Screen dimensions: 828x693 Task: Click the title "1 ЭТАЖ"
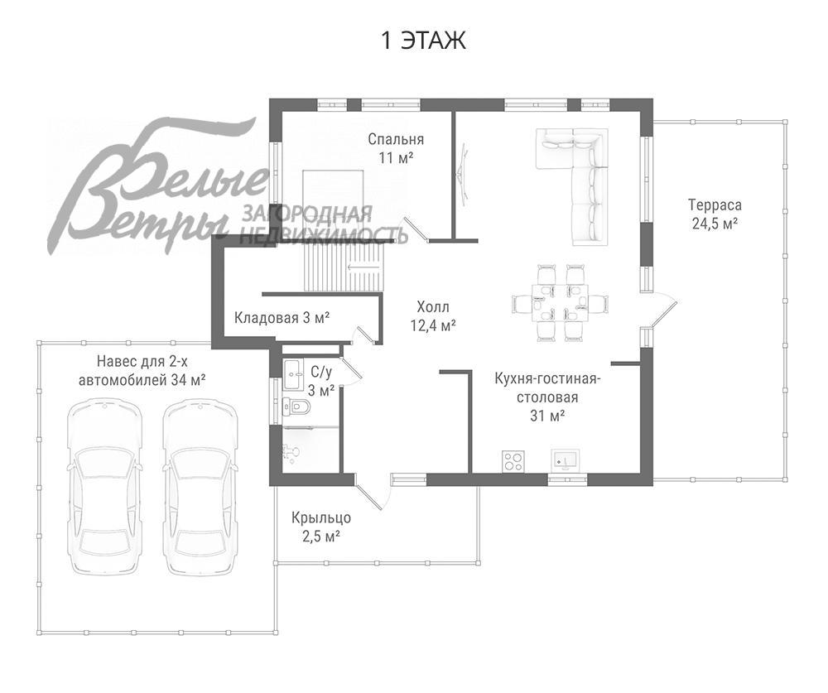423,41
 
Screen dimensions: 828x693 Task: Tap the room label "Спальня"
396,139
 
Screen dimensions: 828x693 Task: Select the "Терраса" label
715,205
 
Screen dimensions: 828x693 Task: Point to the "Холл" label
433,307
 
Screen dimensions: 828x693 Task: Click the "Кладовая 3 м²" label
282,318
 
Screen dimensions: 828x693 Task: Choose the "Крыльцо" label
321,518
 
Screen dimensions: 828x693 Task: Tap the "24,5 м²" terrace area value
715,224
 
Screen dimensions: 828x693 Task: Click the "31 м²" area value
547,416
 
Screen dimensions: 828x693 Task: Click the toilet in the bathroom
296,407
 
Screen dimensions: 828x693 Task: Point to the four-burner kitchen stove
513,460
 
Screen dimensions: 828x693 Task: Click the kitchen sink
565,460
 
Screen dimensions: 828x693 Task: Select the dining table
559,303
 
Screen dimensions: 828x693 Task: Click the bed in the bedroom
333,195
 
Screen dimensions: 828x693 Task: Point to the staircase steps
344,267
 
